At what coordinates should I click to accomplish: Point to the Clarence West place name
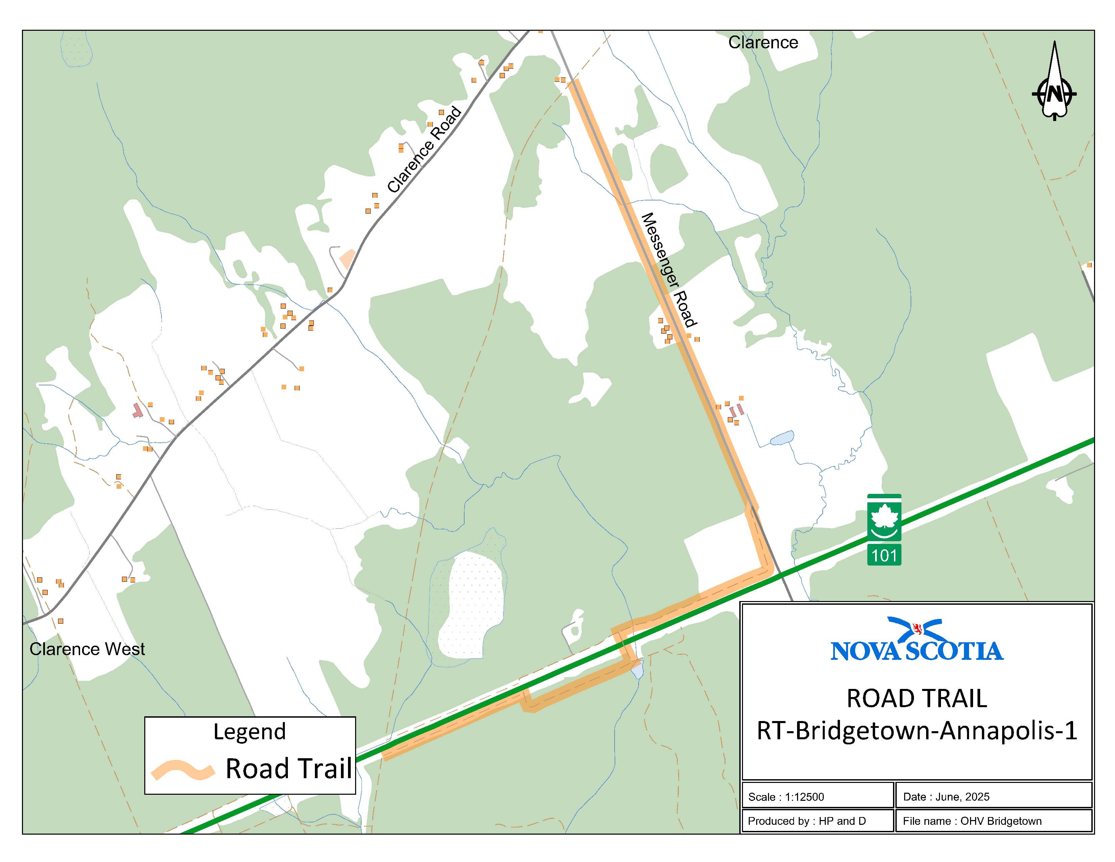coord(87,649)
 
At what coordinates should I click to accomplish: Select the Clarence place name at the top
coord(763,42)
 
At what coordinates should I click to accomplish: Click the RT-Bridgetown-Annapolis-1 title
coord(917,731)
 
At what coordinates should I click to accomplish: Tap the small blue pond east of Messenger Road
coord(782,438)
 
